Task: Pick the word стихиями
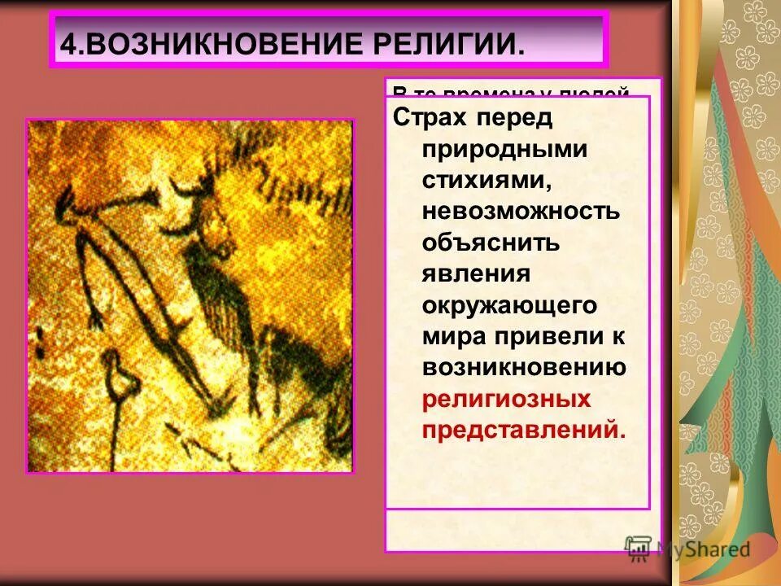click(475, 181)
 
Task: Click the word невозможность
click(521, 212)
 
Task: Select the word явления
click(475, 273)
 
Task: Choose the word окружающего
click(510, 305)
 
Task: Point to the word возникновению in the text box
click(523, 367)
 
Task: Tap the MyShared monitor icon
click(639, 548)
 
